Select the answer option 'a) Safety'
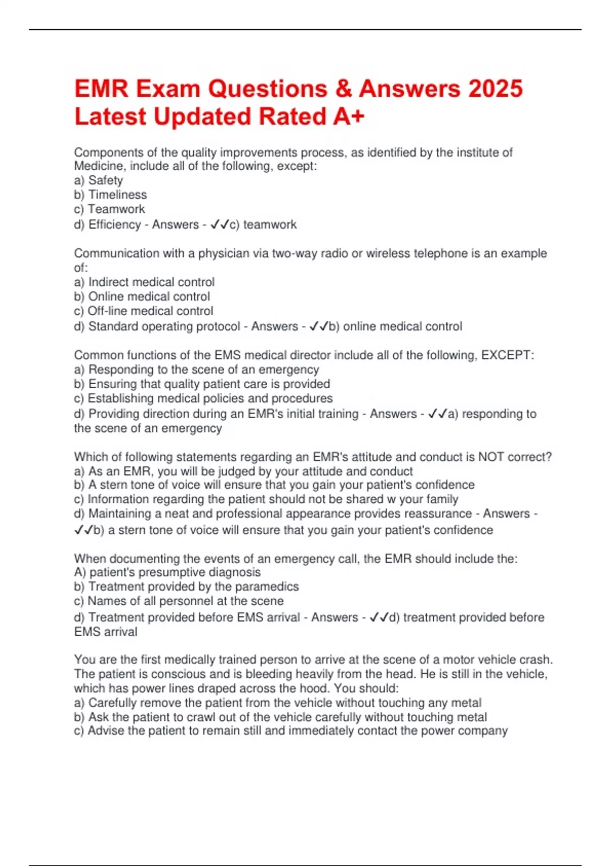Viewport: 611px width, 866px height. (98, 180)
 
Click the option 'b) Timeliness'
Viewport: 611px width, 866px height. (110, 195)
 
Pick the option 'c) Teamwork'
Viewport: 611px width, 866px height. (109, 209)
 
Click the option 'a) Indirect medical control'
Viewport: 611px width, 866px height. (144, 282)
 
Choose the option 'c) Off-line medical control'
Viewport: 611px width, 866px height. (144, 311)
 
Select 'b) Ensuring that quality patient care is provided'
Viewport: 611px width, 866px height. (202, 384)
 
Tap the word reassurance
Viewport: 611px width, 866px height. (435, 513)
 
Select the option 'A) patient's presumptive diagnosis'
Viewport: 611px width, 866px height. (168, 572)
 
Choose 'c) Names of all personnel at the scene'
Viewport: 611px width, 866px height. (179, 601)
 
